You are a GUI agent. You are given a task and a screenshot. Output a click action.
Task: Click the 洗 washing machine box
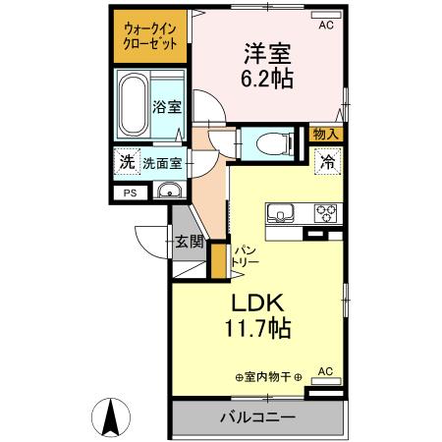pos(126,164)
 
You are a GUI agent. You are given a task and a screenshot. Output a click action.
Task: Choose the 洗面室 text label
pos(162,164)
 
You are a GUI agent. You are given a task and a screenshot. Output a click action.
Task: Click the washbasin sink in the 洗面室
pos(169,191)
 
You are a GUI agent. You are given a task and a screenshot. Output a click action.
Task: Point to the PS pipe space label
pos(130,193)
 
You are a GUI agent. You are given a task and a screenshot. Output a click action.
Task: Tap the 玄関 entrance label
pos(189,241)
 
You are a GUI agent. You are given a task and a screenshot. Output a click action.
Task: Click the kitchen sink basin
pos(277,213)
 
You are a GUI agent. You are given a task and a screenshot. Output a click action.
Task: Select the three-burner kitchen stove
pos(324,212)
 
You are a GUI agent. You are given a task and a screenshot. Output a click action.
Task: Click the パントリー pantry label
pos(244,258)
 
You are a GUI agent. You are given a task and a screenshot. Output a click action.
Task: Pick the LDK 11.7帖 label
pos(260,314)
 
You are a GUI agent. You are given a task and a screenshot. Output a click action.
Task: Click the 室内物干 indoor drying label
pos(267,376)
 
